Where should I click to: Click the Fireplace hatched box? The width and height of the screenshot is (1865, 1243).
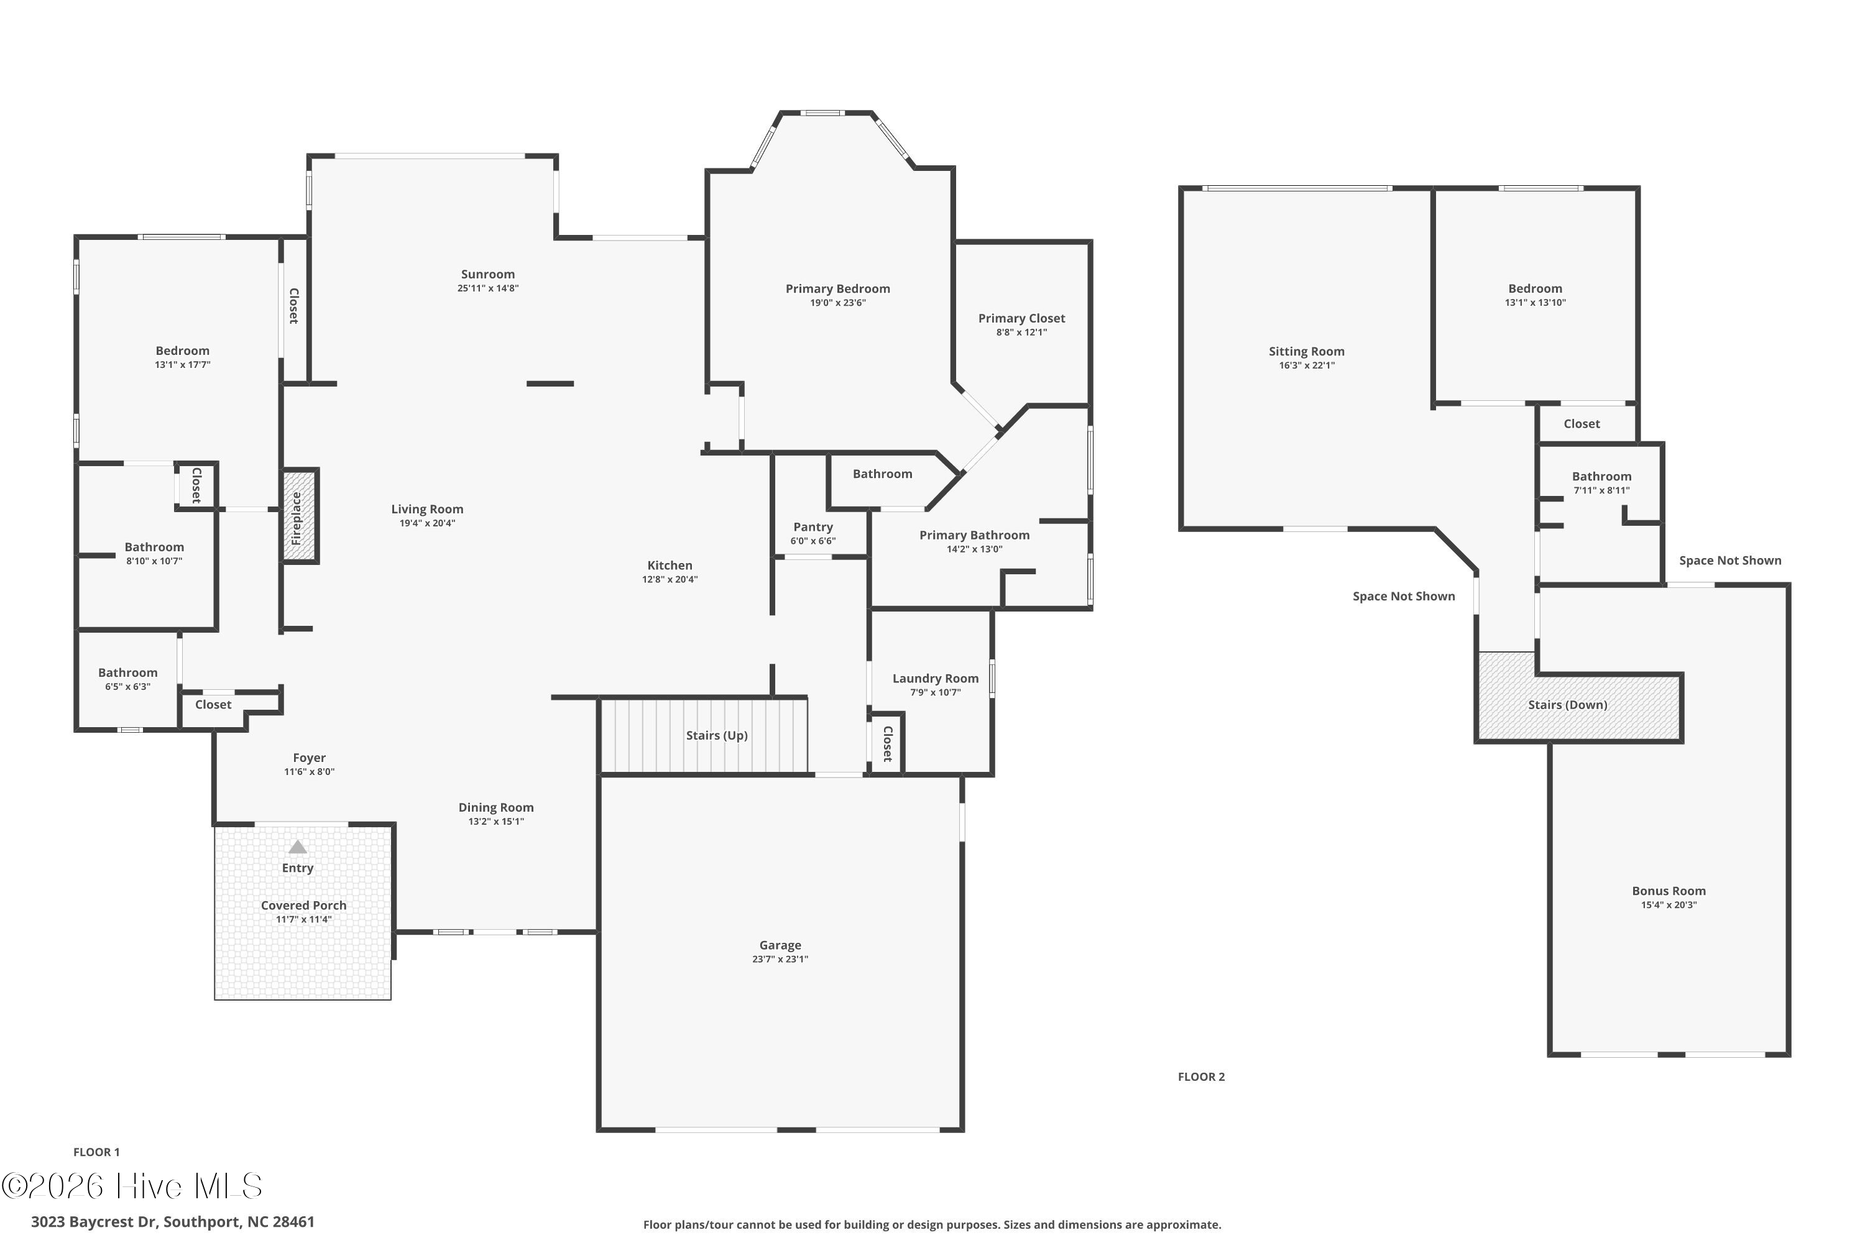300,516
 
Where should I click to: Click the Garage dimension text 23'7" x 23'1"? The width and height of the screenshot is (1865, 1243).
780,959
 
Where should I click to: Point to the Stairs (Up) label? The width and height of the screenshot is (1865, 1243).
717,736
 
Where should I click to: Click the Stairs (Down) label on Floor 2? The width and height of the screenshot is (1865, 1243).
1568,705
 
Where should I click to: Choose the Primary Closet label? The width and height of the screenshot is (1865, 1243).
1021,319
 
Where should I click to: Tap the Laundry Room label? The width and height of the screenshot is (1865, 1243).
936,679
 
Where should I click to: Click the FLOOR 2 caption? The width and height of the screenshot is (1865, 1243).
1201,1076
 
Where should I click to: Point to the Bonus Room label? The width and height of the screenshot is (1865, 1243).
1669,891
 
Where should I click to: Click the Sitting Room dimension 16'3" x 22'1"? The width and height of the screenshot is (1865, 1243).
1307,365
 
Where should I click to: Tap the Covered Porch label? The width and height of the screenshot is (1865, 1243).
304,906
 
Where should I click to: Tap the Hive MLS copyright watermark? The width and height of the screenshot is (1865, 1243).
132,1186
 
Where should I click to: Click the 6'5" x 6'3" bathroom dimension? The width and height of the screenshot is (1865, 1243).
127,687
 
